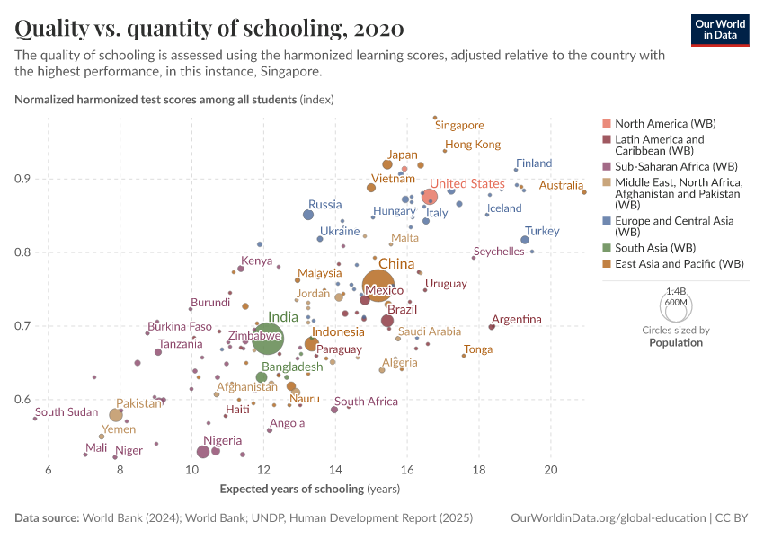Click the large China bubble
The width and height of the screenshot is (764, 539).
tap(382, 286)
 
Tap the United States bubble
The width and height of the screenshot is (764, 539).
tap(429, 198)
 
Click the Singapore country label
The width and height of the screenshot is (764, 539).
tap(459, 126)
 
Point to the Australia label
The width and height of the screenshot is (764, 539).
tap(562, 186)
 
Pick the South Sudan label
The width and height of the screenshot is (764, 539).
tap(67, 412)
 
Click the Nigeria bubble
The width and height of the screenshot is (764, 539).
tap(203, 452)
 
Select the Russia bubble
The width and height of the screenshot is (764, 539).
tap(308, 215)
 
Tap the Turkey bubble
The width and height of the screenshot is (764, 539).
tap(525, 240)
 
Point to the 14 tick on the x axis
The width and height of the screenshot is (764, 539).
tap(335, 471)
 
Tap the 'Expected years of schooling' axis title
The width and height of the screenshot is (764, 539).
tap(310, 489)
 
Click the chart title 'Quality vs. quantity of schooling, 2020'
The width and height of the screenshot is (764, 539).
tap(209, 28)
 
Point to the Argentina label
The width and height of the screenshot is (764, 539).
tap(517, 319)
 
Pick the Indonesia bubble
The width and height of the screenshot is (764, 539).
tap(311, 344)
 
